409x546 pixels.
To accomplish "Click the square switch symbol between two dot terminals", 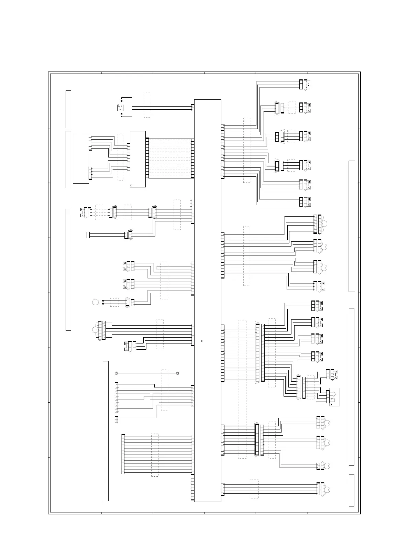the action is [x=120, y=108].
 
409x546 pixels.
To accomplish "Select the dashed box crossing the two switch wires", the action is [x=147, y=105].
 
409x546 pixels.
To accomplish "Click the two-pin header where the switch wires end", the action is [x=192, y=108].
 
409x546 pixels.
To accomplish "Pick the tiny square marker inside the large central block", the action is [x=202, y=341].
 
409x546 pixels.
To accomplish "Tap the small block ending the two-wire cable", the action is [x=88, y=235].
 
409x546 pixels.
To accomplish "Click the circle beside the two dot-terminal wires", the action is [x=95, y=302].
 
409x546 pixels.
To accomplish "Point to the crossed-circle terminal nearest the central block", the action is [x=178, y=373].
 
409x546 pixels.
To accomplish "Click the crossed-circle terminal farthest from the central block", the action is [x=116, y=373].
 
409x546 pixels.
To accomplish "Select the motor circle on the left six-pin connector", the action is [x=95, y=330].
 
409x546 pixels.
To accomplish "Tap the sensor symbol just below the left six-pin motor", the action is [x=126, y=346].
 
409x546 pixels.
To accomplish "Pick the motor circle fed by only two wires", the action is [x=328, y=466].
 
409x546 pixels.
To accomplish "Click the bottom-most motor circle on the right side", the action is [x=328, y=490].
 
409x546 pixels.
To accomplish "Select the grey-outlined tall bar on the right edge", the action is [x=352, y=226].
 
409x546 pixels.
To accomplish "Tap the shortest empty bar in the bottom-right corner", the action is [x=352, y=490].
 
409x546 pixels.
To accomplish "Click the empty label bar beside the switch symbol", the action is [x=68, y=109].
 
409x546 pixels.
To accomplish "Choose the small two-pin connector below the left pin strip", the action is [x=116, y=419].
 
